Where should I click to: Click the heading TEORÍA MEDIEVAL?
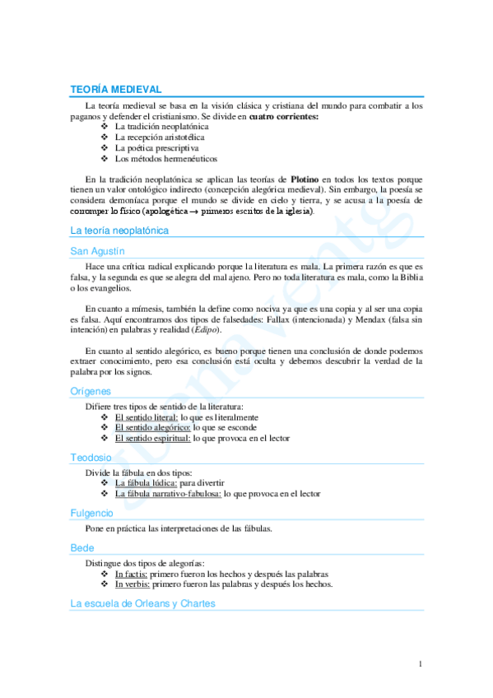(x=115, y=89)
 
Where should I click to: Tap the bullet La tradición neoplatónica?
(x=161, y=128)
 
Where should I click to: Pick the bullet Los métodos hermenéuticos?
(x=160, y=159)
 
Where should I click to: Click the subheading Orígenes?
(x=91, y=392)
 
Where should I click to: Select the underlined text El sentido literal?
(x=146, y=417)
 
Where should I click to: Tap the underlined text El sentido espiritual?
(x=152, y=439)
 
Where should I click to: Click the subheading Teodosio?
(x=91, y=457)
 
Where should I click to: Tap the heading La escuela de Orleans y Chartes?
(x=142, y=603)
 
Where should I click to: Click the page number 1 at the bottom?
(x=420, y=663)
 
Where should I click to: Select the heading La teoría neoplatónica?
(x=119, y=230)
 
